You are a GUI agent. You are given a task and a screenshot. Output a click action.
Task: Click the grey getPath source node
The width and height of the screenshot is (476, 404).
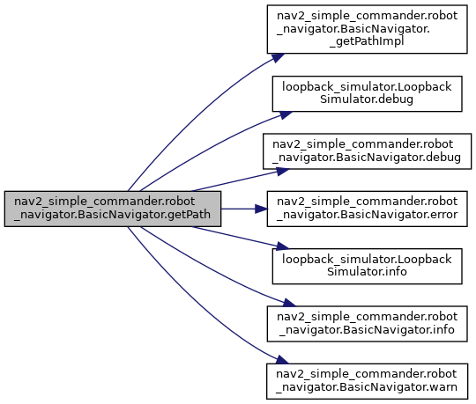point(113,209)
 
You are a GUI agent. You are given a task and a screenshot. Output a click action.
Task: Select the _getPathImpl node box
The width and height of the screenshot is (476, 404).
point(367,29)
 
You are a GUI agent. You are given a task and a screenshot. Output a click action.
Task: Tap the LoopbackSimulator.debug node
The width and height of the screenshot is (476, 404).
point(367,93)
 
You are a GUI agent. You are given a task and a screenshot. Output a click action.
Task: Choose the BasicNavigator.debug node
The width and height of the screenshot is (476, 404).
point(367,151)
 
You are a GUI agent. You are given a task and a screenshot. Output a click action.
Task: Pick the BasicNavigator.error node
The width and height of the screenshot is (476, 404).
point(367,209)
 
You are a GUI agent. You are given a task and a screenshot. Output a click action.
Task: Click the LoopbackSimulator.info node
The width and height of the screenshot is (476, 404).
point(367,267)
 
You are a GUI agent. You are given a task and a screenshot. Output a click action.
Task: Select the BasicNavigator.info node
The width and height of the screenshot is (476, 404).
point(367,324)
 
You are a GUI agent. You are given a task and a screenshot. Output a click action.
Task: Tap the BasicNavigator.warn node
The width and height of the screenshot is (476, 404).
point(367,381)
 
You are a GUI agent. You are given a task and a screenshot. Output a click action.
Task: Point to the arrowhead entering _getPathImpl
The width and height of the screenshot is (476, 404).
point(278,57)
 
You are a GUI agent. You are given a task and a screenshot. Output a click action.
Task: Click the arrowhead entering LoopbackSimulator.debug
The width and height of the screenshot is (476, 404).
point(286,114)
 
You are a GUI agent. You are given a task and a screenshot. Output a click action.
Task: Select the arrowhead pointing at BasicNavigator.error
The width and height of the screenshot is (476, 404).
point(262,209)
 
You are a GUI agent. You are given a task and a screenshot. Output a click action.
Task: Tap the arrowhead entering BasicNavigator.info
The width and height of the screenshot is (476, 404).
point(289,303)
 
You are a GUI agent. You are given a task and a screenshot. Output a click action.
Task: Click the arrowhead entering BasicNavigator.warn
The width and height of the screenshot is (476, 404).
point(282,360)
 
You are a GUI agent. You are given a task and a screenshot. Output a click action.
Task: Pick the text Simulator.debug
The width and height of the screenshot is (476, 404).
point(367,99)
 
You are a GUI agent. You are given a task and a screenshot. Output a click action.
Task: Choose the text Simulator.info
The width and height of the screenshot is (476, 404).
point(367,272)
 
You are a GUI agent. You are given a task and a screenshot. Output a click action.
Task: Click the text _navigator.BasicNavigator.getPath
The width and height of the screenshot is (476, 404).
point(112,215)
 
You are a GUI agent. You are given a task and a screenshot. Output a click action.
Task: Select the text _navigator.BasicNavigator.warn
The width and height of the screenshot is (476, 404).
point(367,387)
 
